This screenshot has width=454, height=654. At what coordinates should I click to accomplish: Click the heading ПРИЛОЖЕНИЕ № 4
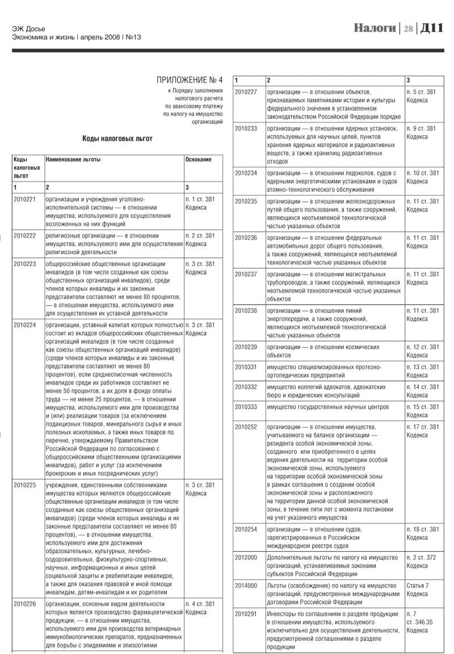pos(190,79)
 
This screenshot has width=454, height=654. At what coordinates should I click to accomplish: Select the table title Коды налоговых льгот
pos(117,138)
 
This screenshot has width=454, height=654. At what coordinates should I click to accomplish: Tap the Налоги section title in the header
pos(375,28)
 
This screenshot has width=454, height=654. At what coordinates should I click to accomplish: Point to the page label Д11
pos(431,28)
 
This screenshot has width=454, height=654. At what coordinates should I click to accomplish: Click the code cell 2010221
pos(24,199)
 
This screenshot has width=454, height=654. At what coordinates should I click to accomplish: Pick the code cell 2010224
pos(24,326)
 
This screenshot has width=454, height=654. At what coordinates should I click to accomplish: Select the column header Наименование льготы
pos(73,159)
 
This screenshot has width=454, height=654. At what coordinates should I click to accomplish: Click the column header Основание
pos(198,159)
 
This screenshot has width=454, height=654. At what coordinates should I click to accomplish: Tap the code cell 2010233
pos(246,128)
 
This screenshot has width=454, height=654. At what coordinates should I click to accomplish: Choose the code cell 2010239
pos(246,347)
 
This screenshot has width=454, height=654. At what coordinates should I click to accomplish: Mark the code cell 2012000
pos(246,558)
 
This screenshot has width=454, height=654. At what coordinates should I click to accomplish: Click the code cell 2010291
pos(246,614)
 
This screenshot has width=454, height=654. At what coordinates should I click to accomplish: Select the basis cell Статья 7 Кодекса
pos(418,590)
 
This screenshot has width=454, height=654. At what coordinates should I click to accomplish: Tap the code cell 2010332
pos(246,387)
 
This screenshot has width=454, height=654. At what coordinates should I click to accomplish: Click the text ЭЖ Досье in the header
pos(29,29)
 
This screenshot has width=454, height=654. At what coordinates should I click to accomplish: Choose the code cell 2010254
pos(246,529)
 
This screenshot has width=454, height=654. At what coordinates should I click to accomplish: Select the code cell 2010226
pos(24,604)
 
